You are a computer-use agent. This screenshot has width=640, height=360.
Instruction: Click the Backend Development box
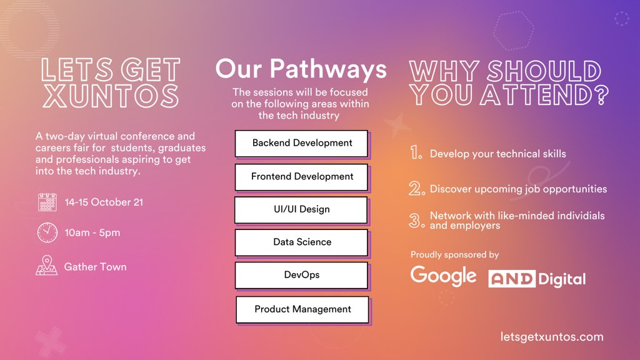pos(302,143)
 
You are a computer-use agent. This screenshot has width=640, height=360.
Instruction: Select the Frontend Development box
pos(302,177)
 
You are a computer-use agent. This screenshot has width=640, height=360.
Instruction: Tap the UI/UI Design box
pos(301,209)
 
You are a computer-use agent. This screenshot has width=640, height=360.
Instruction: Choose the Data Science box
pos(302,242)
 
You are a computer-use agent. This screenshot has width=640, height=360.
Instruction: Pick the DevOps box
pos(302,275)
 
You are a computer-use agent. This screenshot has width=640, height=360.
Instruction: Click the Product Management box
pos(302,309)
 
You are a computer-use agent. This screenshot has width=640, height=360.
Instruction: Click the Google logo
pos(443,276)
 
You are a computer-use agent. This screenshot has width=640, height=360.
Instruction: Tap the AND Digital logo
pos(537,278)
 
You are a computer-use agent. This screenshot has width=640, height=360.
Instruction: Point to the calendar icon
pos(47,202)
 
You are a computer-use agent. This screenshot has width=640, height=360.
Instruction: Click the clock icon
pos(47,232)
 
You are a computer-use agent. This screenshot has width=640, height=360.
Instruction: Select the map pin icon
pos(47,266)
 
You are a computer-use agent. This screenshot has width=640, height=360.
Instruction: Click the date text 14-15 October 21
pos(104,202)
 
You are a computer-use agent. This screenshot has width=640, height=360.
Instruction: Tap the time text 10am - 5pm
pos(92,233)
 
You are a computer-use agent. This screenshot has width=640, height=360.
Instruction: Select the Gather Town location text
pos(95,267)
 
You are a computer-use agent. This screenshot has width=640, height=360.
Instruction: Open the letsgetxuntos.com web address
pos(552,337)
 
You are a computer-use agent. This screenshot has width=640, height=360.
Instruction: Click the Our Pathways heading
pos(301,69)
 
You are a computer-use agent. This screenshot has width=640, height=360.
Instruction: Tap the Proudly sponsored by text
pos(454,254)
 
